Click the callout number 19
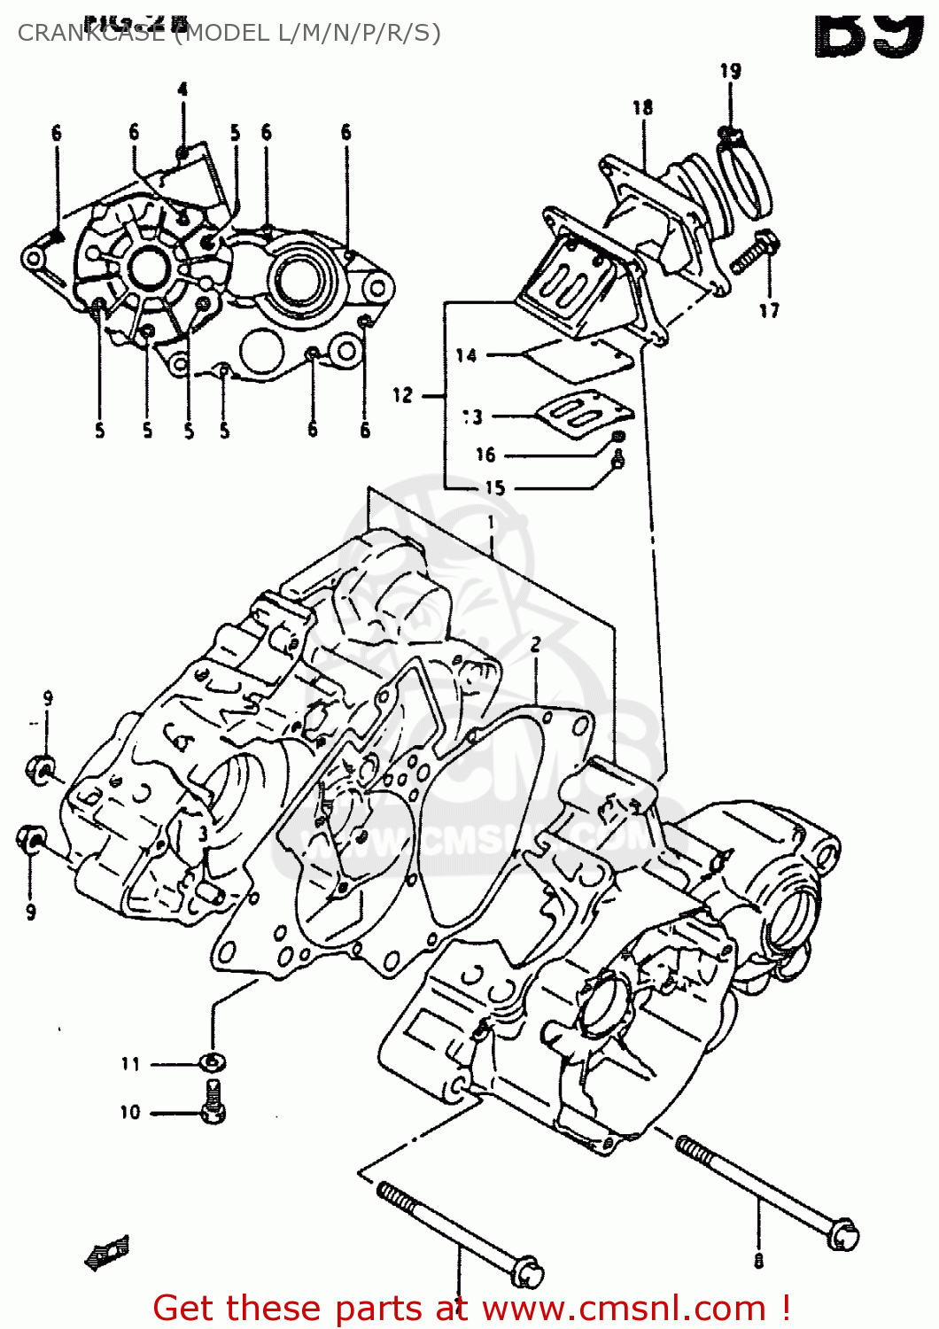point(730,71)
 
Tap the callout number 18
point(642,108)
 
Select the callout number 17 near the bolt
point(769,310)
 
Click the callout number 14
point(466,355)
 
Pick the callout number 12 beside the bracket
point(403,395)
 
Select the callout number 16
point(485,455)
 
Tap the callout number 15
point(494,487)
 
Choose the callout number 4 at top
point(182,89)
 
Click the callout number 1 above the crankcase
point(491,524)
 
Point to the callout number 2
point(535,644)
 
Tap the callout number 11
point(131,1063)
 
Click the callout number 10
point(130,1112)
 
